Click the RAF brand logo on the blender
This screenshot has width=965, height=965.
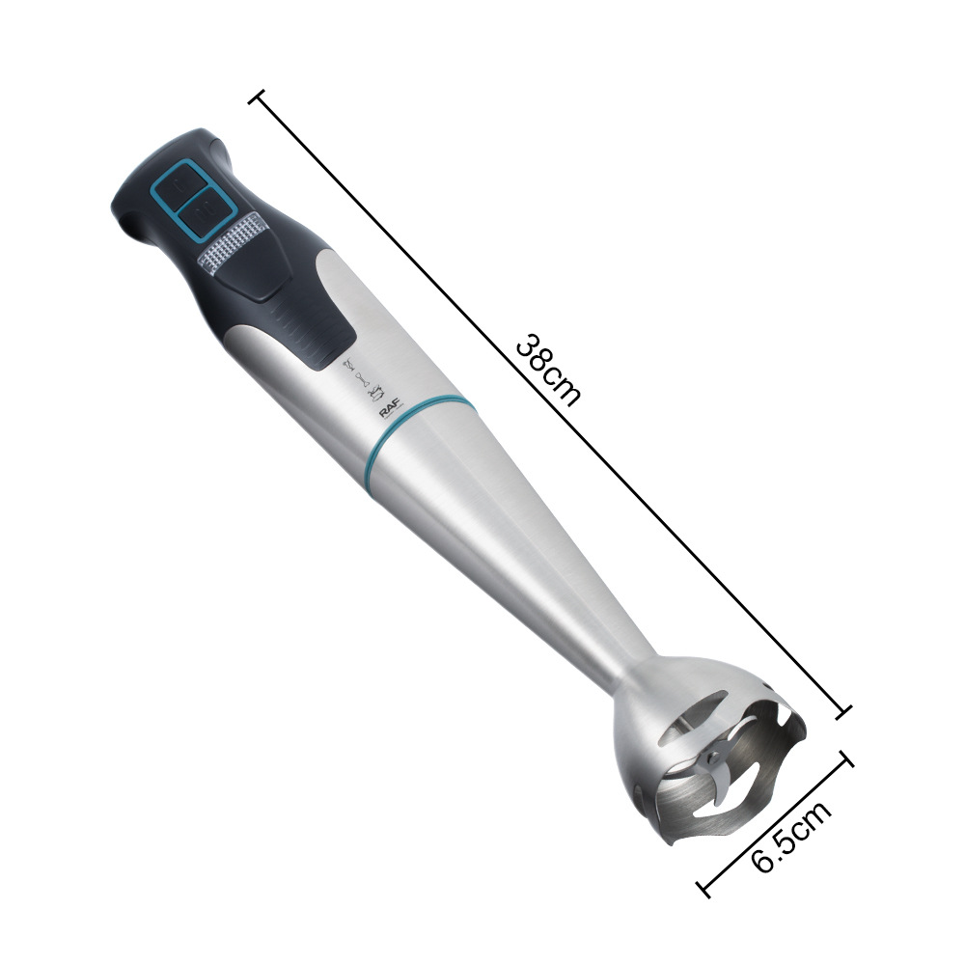click(390, 408)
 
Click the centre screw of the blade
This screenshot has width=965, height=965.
click(714, 755)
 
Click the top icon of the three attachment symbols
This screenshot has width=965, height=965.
click(348, 366)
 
